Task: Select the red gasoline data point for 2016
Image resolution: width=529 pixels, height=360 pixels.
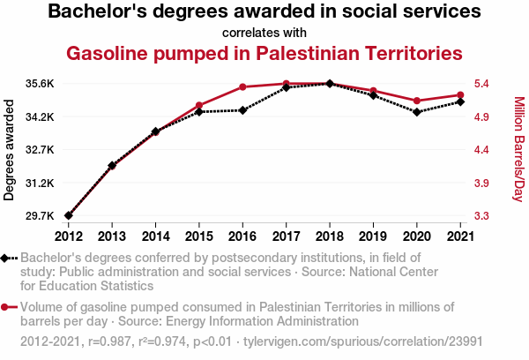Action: (x=242, y=87)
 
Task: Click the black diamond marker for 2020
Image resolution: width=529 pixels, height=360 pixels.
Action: (x=416, y=112)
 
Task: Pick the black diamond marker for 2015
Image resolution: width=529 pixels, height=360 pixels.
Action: (x=199, y=112)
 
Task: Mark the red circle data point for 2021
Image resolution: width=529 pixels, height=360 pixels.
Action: (x=459, y=94)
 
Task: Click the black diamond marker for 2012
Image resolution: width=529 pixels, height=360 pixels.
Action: (x=69, y=215)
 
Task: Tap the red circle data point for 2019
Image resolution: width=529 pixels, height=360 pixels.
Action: (x=373, y=91)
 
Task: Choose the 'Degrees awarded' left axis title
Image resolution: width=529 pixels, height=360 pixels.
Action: (x=10, y=150)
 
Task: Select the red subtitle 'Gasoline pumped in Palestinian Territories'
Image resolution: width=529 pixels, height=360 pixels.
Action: (x=264, y=54)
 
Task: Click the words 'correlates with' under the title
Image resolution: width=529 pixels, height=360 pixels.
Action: (x=264, y=34)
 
